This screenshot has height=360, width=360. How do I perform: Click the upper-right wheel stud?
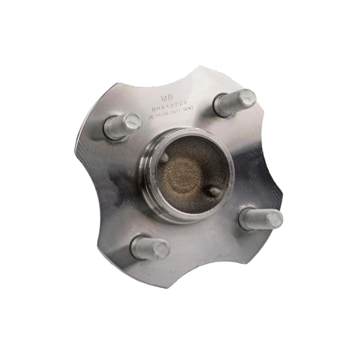pos(235,103)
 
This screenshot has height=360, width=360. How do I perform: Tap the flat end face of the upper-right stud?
pos(247,98)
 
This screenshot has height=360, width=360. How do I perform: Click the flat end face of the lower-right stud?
pos(274,219)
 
